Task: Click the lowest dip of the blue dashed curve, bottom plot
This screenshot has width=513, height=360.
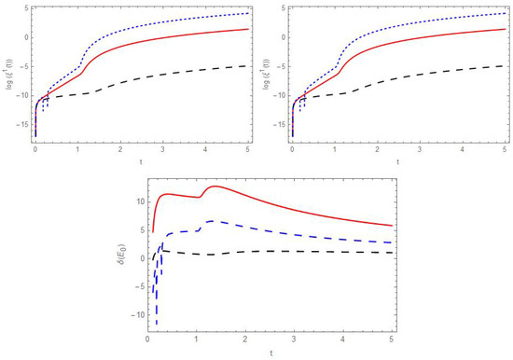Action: click(157, 324)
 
